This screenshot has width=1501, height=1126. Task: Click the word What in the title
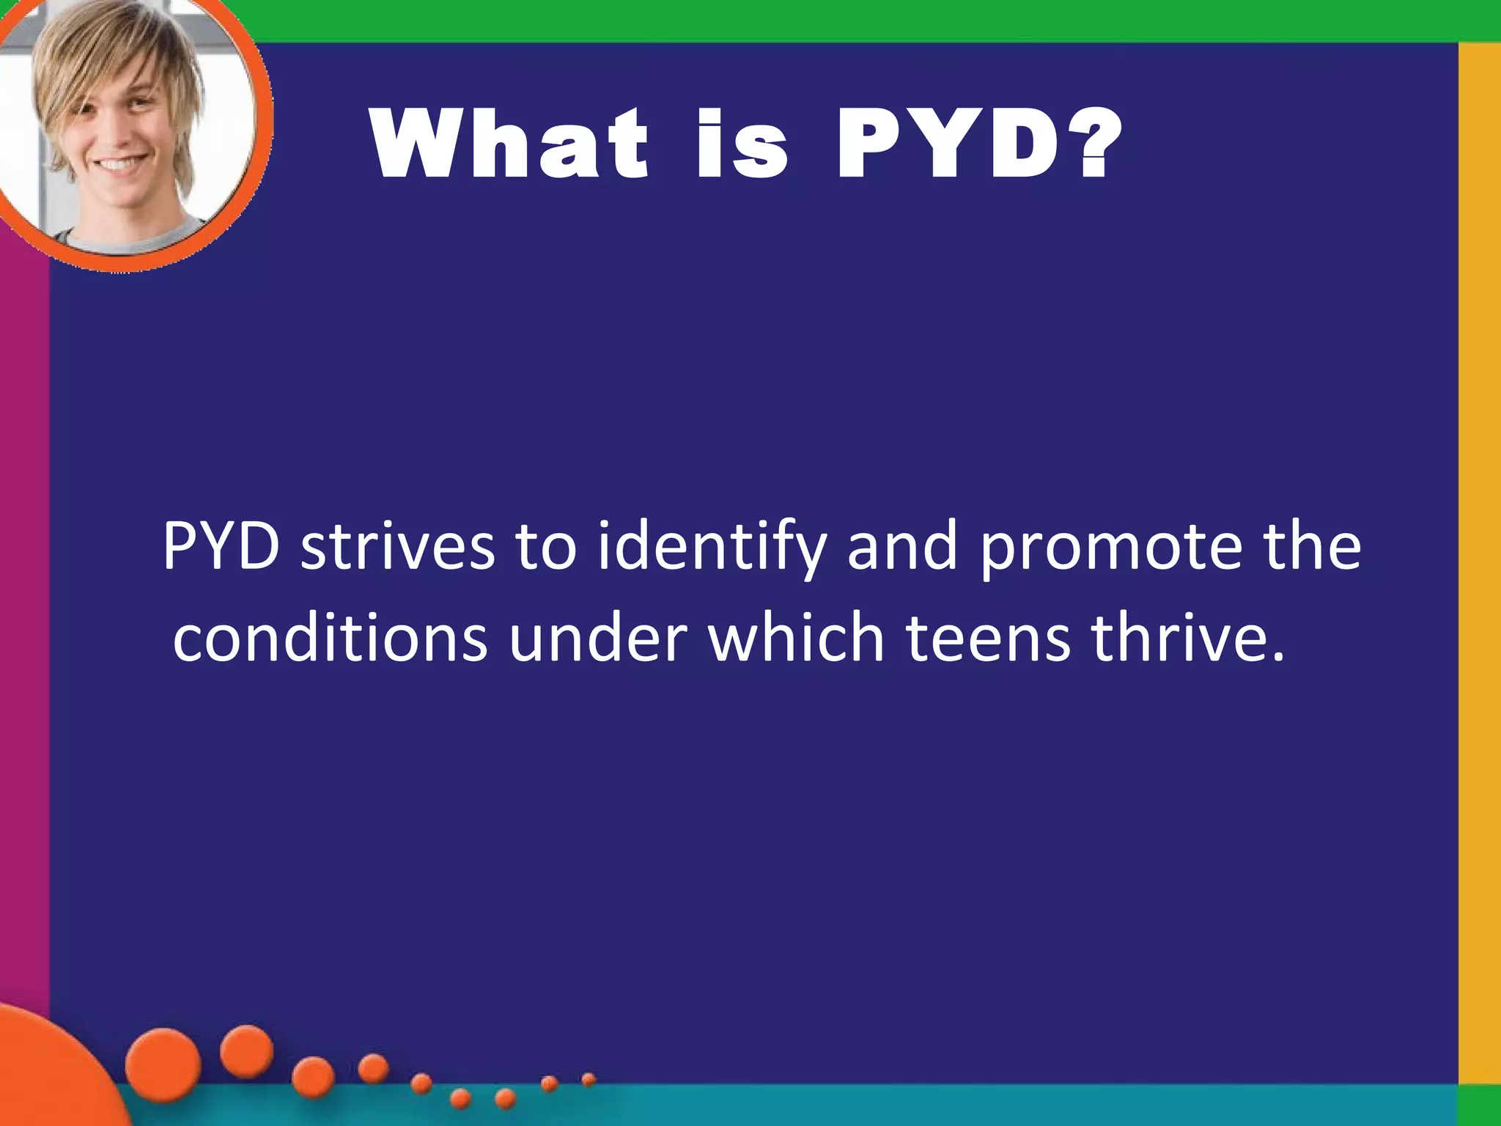pos(510,144)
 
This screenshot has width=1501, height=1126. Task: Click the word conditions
pos(330,638)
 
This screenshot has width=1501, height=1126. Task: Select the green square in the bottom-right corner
pos(1480,1105)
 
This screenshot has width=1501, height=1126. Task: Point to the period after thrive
pos(1278,657)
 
